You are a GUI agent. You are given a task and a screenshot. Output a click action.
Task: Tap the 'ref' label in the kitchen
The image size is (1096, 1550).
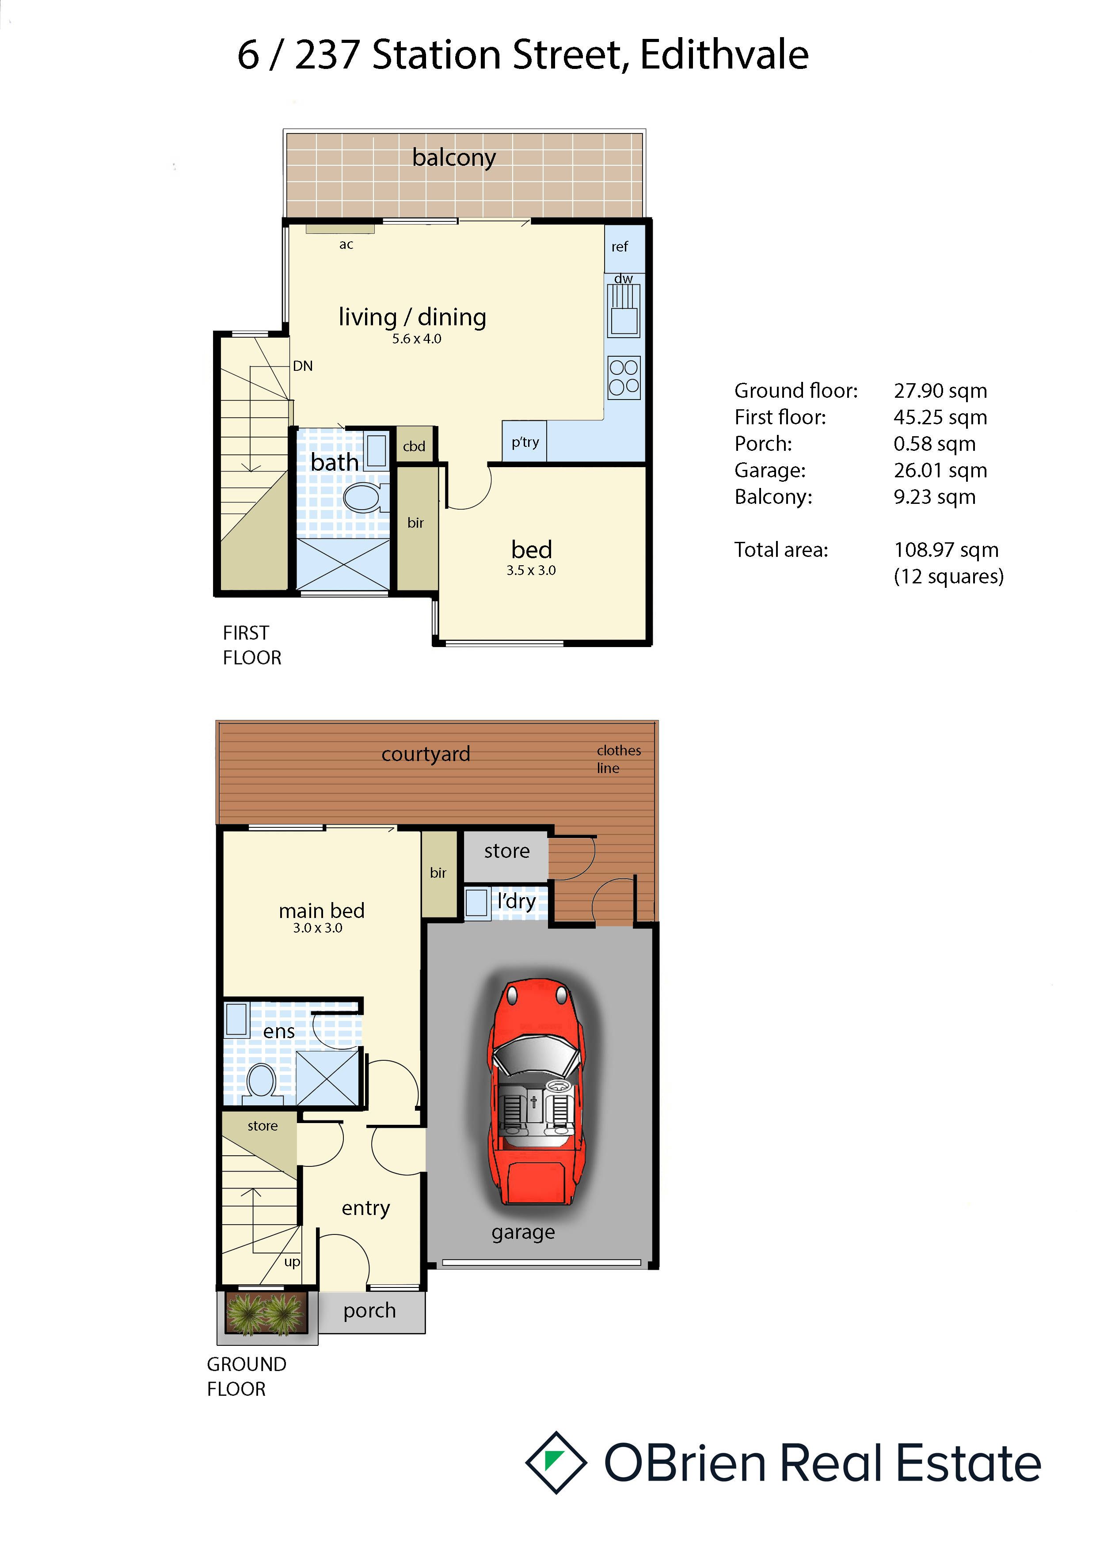[620, 247]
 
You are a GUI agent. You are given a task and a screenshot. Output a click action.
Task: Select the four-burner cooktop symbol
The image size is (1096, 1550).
[624, 377]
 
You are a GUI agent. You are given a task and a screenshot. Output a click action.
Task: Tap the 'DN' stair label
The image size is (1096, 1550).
[302, 366]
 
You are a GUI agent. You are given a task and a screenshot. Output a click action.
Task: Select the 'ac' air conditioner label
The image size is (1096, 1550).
[346, 244]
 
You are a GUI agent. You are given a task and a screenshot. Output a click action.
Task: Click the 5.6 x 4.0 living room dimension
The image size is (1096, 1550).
[416, 339]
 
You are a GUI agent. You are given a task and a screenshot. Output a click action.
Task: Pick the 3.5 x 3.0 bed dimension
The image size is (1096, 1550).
[531, 571]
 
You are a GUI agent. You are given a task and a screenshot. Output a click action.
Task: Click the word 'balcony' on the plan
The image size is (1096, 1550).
[454, 158]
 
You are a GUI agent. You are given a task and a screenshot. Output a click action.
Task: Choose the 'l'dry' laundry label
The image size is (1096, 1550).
[516, 901]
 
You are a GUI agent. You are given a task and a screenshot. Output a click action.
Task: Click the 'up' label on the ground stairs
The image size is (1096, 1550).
[292, 1262]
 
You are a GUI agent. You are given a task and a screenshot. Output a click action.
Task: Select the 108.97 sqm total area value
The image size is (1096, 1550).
[946, 550]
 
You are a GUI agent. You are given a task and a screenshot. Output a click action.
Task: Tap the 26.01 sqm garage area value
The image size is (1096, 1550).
[940, 471]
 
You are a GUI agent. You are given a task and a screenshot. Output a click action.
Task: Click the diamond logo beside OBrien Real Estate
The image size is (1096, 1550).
[556, 1462]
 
